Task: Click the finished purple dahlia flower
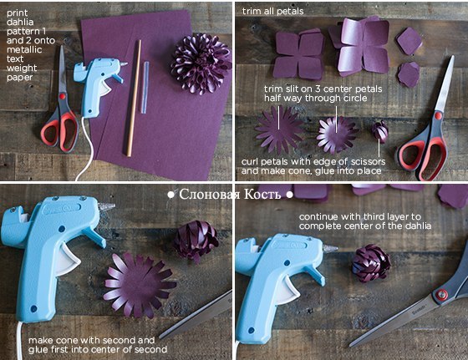point(201,63)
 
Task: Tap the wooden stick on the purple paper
point(134,98)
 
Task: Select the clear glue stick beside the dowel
point(145,88)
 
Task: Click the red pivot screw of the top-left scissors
point(62,96)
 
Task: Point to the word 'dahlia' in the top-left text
point(20,22)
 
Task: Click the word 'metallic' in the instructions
point(24,49)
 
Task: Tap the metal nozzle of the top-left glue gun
point(124,63)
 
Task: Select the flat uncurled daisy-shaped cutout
point(279,130)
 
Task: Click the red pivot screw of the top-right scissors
point(438,115)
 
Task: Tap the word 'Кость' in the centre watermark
point(262,195)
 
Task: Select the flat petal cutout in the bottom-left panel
point(139,285)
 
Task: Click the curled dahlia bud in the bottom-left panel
point(196,240)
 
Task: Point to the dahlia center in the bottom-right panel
point(371,263)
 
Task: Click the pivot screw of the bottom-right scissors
point(441,294)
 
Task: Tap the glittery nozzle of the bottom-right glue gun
point(330,248)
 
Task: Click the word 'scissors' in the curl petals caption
point(368,162)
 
